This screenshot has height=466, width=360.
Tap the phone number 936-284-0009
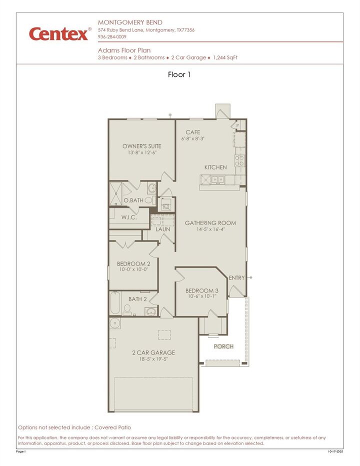[112, 37]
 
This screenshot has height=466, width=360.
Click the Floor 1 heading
[179, 74]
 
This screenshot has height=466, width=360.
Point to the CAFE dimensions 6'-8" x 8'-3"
[193, 138]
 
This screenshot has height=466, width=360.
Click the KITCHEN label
[215, 167]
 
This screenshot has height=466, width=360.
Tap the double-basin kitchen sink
[217, 179]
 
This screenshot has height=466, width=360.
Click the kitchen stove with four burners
[240, 160]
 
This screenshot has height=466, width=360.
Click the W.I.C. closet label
[129, 217]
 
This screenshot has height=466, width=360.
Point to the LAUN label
[162, 229]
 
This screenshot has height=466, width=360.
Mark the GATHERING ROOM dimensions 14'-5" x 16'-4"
[210, 229]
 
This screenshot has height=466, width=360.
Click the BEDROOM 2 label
[133, 263]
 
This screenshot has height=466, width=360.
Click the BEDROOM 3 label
[201, 291]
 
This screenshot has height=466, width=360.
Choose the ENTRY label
[236, 277]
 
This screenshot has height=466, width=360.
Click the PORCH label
[223, 346]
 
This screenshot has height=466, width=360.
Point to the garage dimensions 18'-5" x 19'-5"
[153, 359]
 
